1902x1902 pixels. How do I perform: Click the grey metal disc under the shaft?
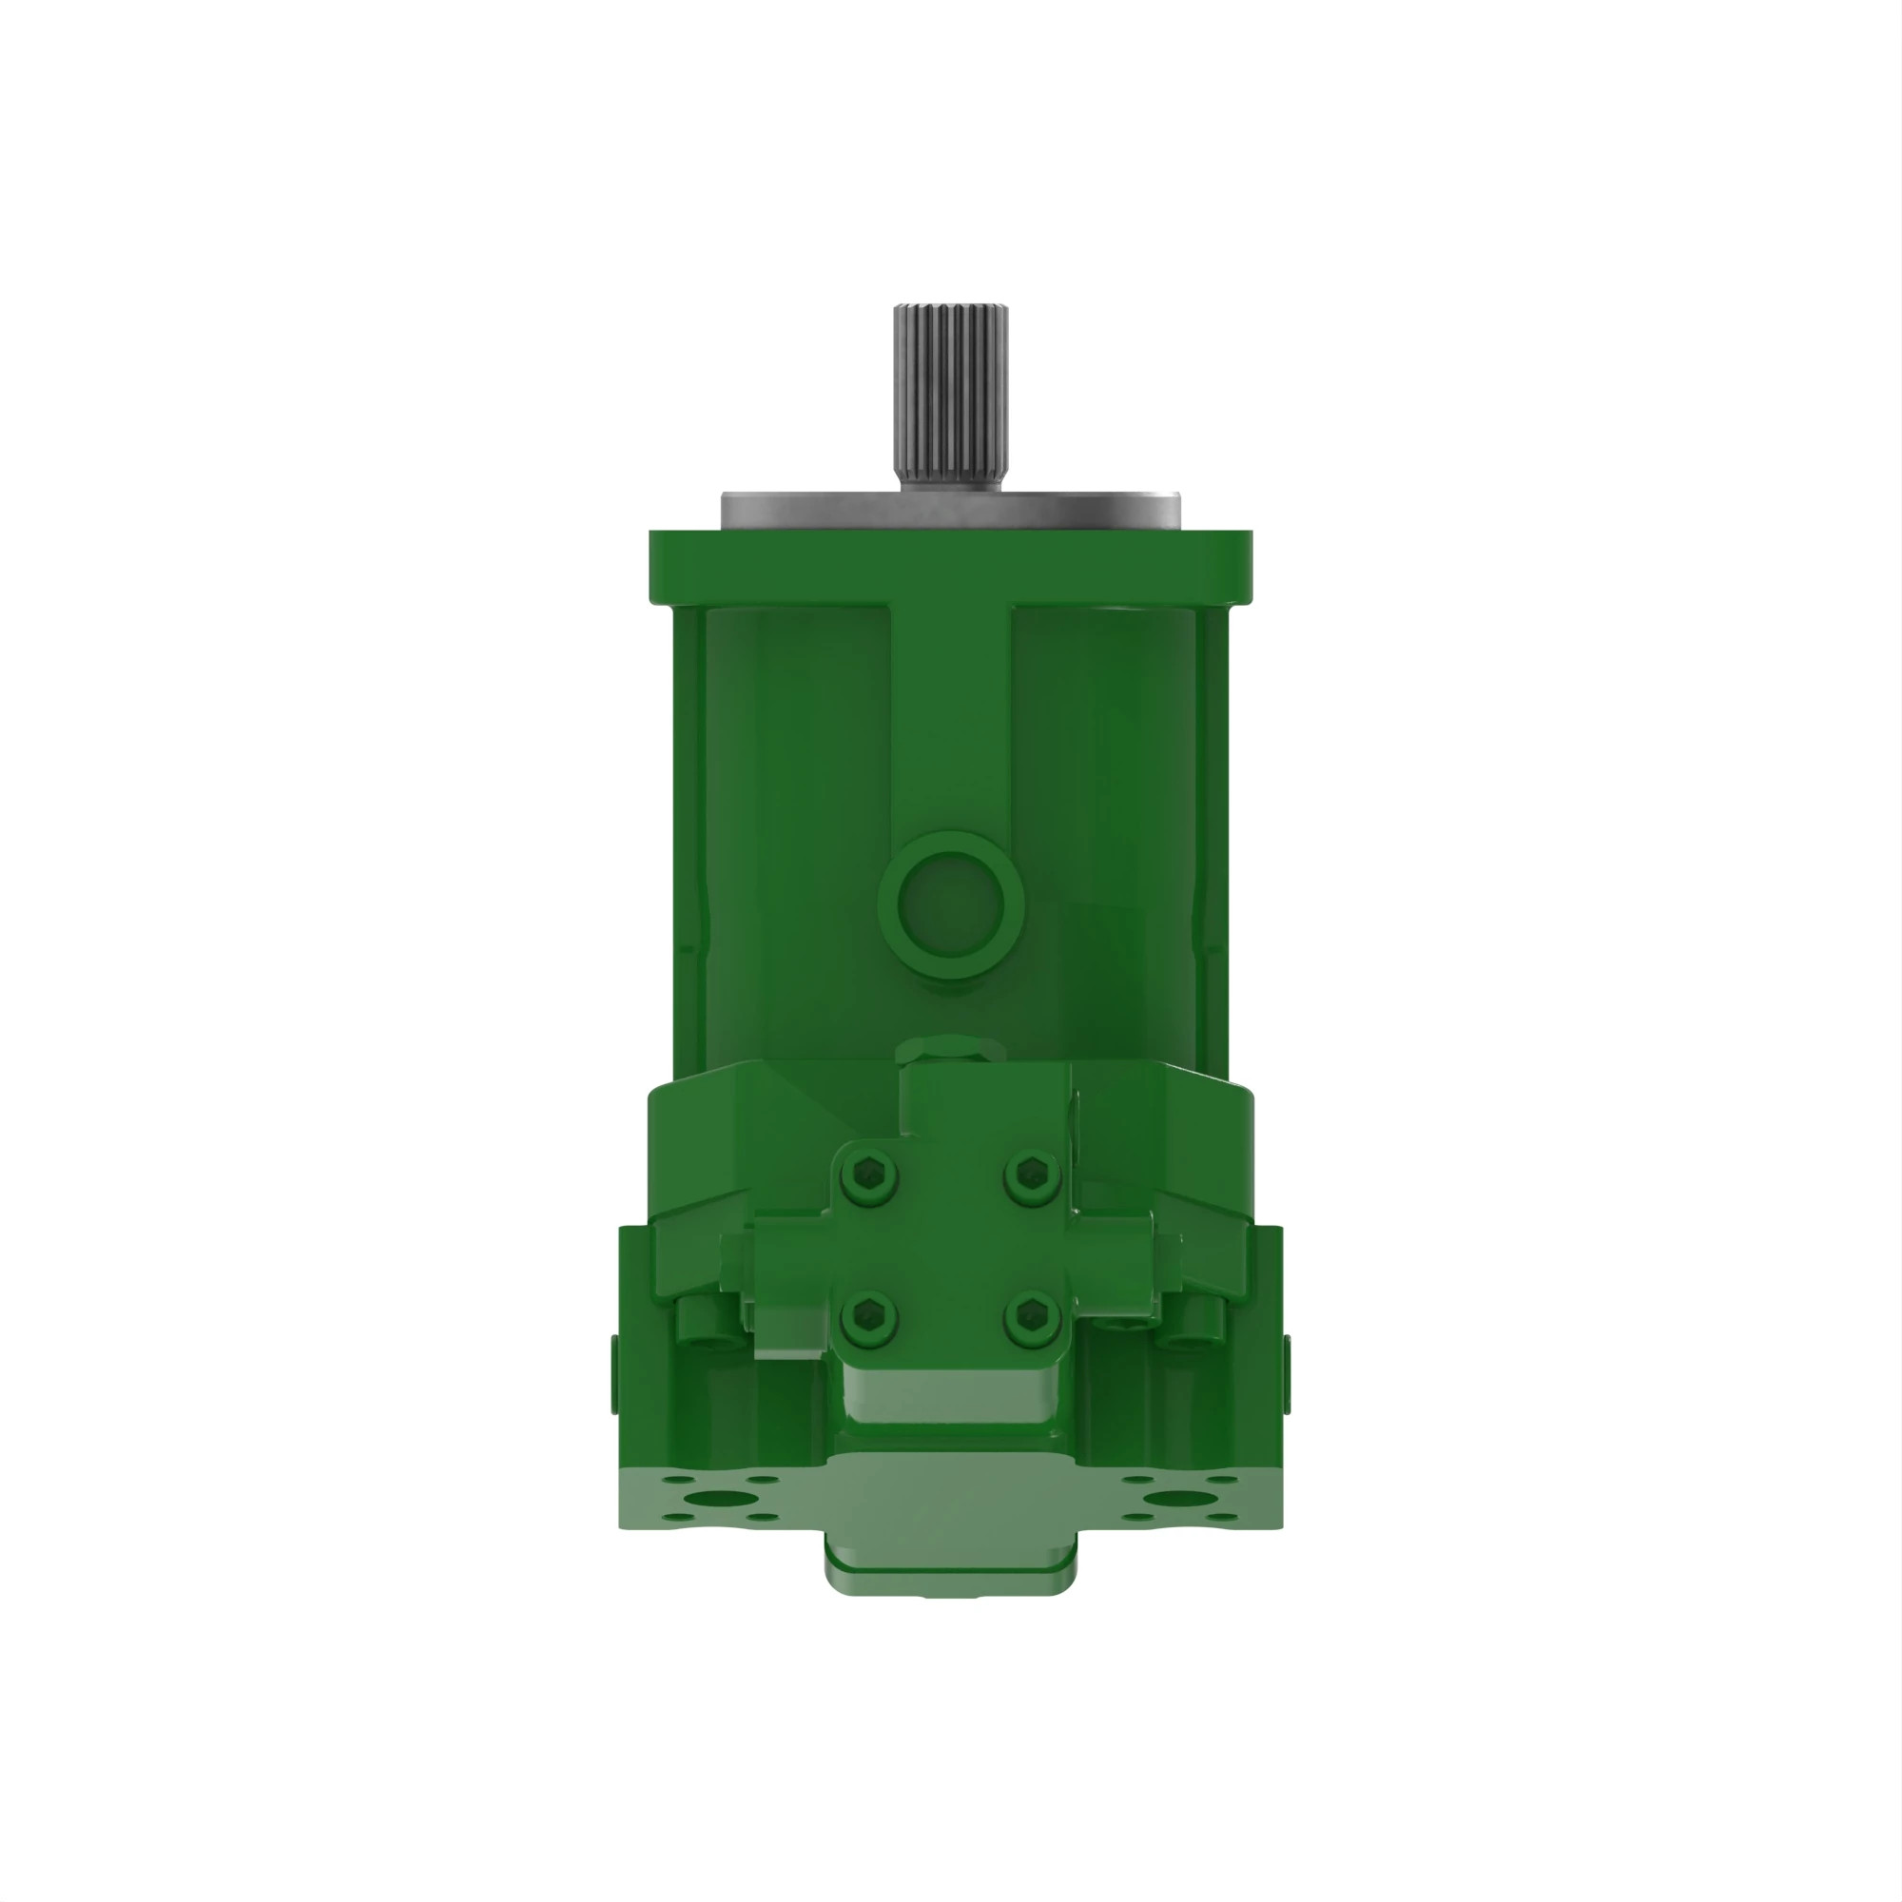point(951,510)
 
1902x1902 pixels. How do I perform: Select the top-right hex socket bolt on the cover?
point(1032,1172)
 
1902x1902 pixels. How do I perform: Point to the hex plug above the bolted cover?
point(949,1053)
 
